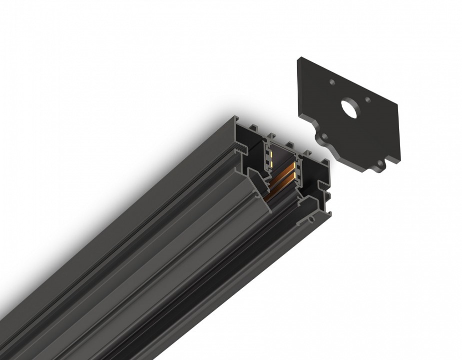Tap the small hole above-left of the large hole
point(332,82)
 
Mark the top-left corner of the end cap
point(298,59)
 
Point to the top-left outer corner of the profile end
point(234,117)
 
